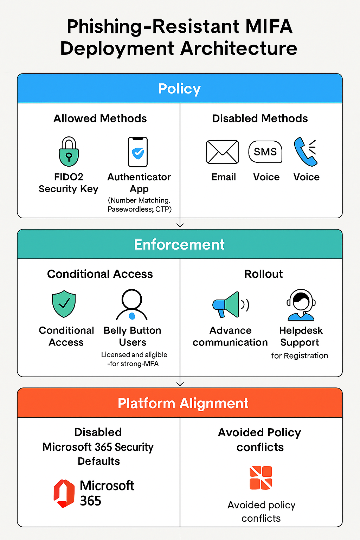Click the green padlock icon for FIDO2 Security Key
click(69, 152)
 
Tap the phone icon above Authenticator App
click(138, 152)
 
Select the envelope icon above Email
click(223, 152)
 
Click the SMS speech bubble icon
click(265, 152)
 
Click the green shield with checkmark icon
click(64, 303)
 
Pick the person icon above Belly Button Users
click(132, 304)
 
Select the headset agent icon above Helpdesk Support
click(301, 305)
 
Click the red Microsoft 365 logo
click(64, 493)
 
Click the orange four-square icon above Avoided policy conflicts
click(261, 478)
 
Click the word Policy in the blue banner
click(179, 89)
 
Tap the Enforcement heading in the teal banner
click(179, 245)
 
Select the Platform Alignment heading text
click(183, 403)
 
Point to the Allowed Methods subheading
click(100, 118)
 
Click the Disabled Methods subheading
click(260, 118)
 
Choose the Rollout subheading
click(263, 274)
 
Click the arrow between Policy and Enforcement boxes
click(180, 224)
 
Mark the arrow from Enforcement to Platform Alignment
click(180, 382)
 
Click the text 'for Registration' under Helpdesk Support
click(300, 355)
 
